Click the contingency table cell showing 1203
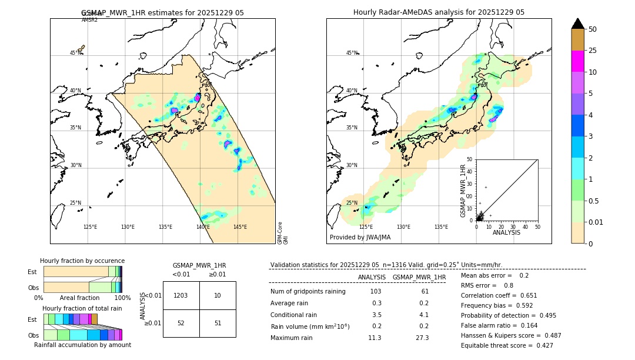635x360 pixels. [181, 295]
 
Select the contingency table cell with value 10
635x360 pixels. [218, 295]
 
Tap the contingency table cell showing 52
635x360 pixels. [181, 323]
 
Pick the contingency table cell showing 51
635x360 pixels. [218, 323]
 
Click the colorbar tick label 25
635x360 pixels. [593, 51]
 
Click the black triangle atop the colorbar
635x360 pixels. [578, 24]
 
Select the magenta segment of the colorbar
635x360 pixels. [578, 61]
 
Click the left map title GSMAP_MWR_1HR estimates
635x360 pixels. [162, 12]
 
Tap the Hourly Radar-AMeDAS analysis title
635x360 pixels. [439, 12]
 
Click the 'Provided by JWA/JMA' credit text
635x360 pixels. [360, 238]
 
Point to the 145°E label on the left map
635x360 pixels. [240, 227]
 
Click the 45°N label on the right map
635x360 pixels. [352, 53]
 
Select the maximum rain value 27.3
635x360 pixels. [422, 338]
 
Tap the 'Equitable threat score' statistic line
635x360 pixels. [507, 345]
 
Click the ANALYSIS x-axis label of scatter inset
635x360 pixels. [506, 232]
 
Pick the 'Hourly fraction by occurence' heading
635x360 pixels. [82, 261]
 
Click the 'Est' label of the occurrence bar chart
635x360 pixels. [32, 272]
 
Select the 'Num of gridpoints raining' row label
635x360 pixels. [308, 292]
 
